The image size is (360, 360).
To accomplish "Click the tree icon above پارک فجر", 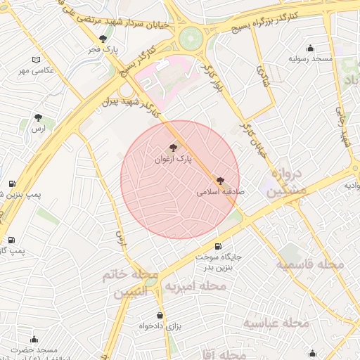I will (x=103, y=39).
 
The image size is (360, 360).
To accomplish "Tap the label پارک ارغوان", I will (x=172, y=160).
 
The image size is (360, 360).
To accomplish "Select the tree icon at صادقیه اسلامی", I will (x=220, y=181).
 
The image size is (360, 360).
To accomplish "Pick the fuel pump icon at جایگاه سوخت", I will (x=217, y=246).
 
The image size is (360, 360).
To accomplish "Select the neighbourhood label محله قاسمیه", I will (x=309, y=265).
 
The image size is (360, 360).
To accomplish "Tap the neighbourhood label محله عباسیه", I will (x=276, y=323).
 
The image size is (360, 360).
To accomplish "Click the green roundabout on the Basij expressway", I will (x=191, y=38).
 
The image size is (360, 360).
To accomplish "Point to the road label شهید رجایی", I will (x=344, y=126).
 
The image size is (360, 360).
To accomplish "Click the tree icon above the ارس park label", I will (x=38, y=118).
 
